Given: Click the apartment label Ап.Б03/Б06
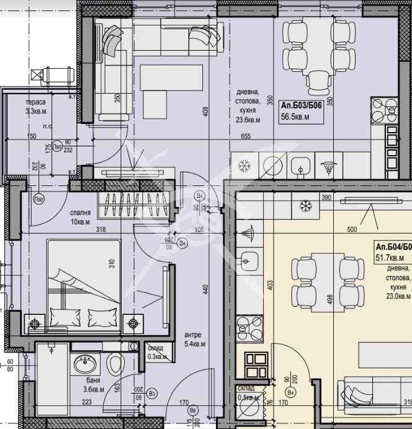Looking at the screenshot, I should coord(301,105).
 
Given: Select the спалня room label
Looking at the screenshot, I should coord(81,211).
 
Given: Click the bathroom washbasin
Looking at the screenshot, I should coord(83,363).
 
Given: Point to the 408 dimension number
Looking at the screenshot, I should coord(205,112).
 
